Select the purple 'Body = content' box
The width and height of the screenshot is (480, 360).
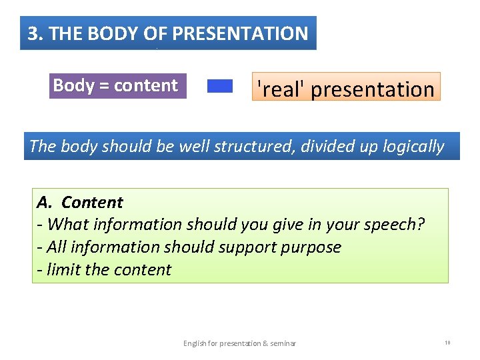(x=116, y=86)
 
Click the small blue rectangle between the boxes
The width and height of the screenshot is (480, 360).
(x=220, y=86)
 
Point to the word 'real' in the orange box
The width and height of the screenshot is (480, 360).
(x=281, y=89)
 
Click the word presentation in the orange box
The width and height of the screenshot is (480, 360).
(x=373, y=89)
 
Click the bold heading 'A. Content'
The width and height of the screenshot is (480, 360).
(x=80, y=202)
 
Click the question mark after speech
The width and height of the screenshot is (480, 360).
(x=421, y=225)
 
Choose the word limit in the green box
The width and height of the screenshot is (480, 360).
(x=64, y=270)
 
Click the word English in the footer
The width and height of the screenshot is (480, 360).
(x=197, y=343)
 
